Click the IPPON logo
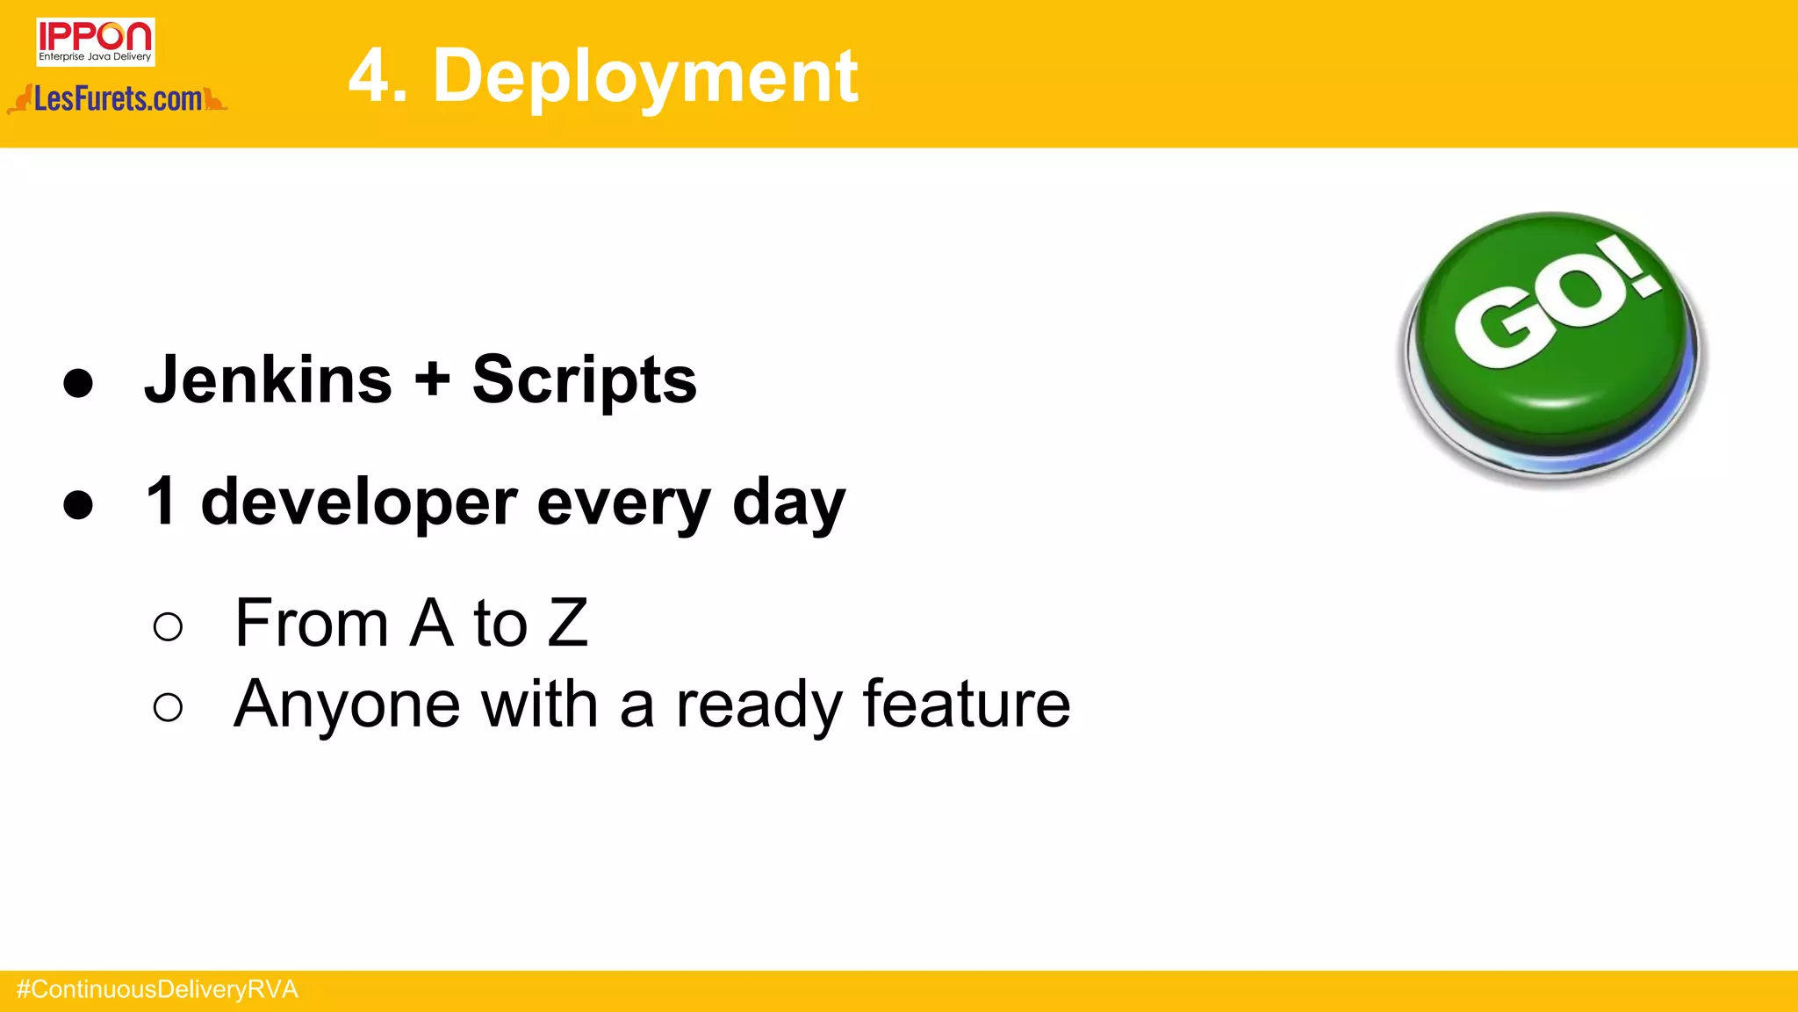pos(95,41)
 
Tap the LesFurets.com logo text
pos(118,99)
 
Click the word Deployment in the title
pos(645,76)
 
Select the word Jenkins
pos(268,379)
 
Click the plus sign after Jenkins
pos(432,379)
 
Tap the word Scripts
pos(584,381)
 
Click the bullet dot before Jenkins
pos(78,382)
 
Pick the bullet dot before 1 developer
pos(78,504)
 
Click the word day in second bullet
pos(788,504)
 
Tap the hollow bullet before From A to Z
pos(168,626)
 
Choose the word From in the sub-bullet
pos(312,623)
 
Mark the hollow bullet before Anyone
pos(168,707)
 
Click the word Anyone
pos(347,705)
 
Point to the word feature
pos(966,705)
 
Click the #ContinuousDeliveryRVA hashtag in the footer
pos(158,990)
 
